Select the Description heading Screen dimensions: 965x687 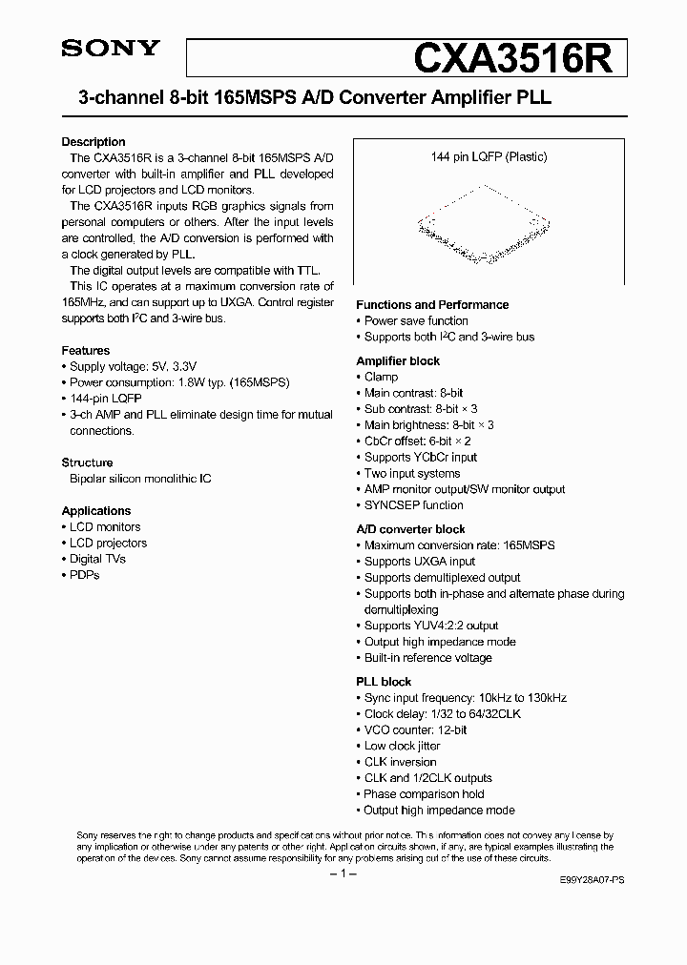(x=94, y=142)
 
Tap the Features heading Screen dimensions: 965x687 (x=86, y=350)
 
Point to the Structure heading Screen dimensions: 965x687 (x=88, y=462)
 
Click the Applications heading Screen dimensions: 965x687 (x=96, y=511)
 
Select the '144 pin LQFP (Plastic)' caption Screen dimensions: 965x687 (x=489, y=156)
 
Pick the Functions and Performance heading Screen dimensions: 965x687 (x=432, y=305)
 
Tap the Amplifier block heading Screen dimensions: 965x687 (x=398, y=361)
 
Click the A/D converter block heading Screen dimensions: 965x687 (x=410, y=529)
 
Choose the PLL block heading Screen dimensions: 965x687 (x=384, y=682)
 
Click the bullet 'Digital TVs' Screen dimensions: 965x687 (x=97, y=559)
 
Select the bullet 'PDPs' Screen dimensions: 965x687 (x=84, y=575)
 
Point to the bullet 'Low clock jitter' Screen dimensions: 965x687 (x=402, y=746)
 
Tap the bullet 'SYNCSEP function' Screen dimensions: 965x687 (x=413, y=505)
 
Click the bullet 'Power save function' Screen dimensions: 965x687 (x=416, y=320)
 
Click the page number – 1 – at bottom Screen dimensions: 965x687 (x=342, y=873)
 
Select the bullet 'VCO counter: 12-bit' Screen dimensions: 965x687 (x=415, y=729)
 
